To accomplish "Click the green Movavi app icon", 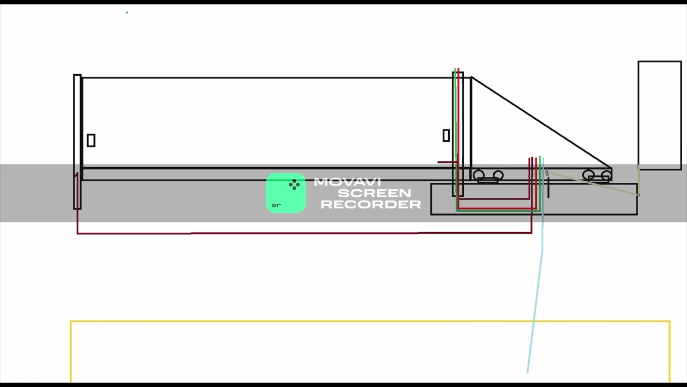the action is (286, 193).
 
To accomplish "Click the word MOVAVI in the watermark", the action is (347, 182).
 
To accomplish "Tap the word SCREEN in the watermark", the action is (374, 193).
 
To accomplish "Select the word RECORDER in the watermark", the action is (371, 204).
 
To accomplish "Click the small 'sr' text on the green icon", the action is (276, 205).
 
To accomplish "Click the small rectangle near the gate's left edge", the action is (91, 140).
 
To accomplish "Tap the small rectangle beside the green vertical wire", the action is (446, 135).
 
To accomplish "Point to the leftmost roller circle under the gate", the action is (478, 175).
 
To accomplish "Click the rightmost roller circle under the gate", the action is (606, 175).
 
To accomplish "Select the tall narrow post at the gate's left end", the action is (77, 142).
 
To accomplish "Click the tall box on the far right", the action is (660, 115).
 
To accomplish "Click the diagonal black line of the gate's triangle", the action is (542, 122).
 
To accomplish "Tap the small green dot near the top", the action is (127, 12).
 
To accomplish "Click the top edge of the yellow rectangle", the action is (370, 321).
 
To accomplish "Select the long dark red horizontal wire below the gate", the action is (304, 233).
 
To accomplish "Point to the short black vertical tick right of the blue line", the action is (549, 188).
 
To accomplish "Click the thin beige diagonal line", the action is (593, 184).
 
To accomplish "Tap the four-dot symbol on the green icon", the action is (295, 184).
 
